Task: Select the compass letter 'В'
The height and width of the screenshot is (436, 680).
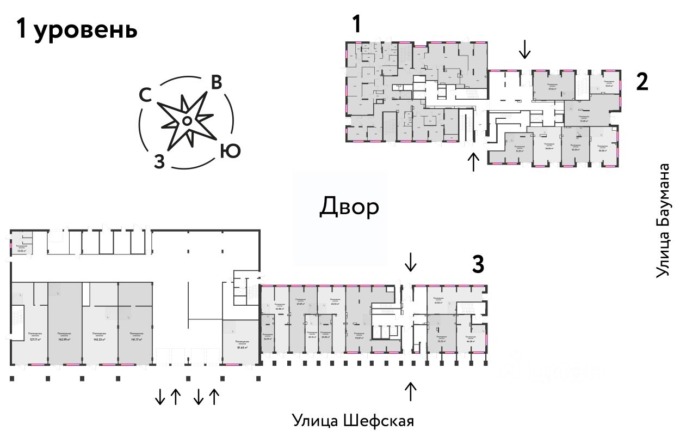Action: [x=216, y=82]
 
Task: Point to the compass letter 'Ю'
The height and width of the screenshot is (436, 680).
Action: [x=230, y=151]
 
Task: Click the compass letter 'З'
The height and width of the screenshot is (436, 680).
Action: [x=159, y=162]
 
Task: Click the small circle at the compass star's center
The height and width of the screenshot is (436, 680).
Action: [x=186, y=121]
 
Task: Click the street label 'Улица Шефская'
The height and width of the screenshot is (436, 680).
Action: [x=353, y=421]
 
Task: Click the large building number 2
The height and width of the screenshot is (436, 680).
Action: [x=642, y=82]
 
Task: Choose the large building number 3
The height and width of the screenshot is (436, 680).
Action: [x=477, y=265]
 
